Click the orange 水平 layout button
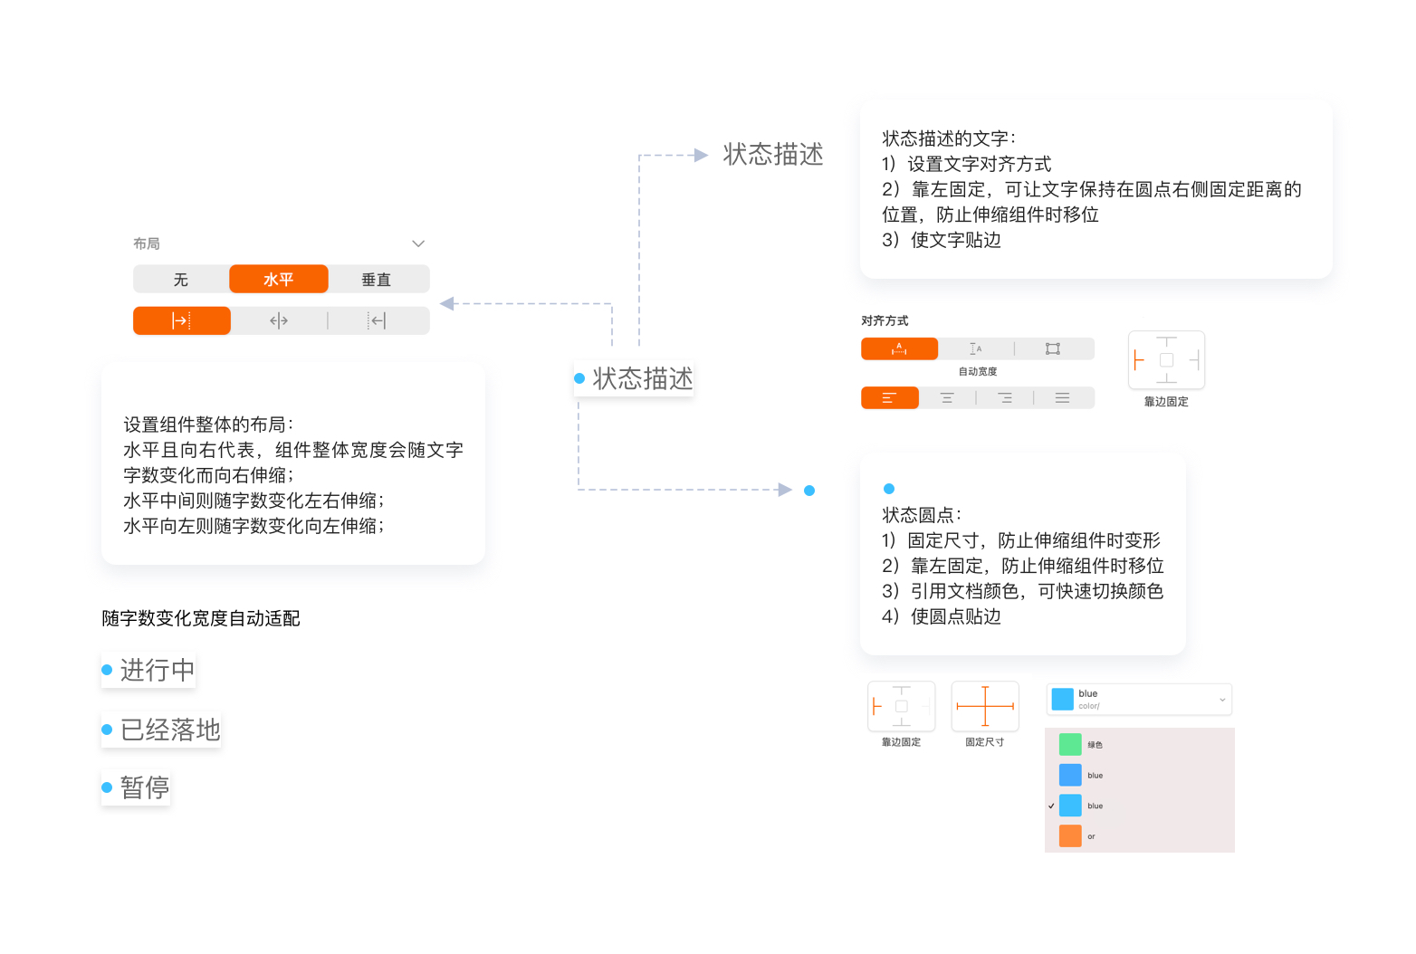(x=278, y=280)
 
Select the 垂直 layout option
(x=376, y=280)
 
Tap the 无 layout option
(x=181, y=280)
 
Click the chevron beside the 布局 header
(x=418, y=243)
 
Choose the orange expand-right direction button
(x=181, y=321)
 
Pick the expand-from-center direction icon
(x=279, y=321)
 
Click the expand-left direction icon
(x=377, y=321)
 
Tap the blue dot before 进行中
(x=107, y=670)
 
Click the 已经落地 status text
(x=170, y=730)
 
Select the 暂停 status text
(x=145, y=787)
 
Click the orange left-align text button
(x=889, y=398)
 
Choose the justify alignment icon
(x=1062, y=398)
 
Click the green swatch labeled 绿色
(x=1069, y=744)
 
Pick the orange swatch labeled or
(x=1069, y=835)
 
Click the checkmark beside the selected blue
(x=1051, y=806)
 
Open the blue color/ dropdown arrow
(x=1222, y=700)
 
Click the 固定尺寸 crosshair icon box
(x=985, y=706)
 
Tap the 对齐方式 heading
(x=885, y=321)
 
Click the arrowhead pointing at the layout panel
(x=447, y=304)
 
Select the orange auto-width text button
(x=899, y=348)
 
